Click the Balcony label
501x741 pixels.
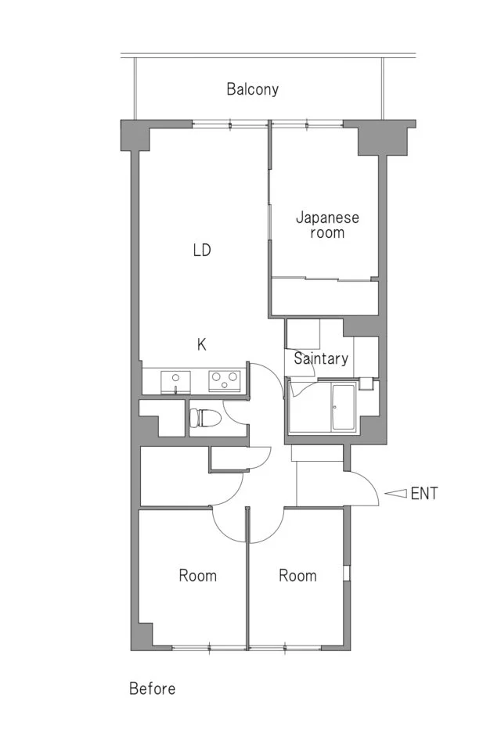tap(252, 89)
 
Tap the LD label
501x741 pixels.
tap(202, 250)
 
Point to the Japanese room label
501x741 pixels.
tap(327, 225)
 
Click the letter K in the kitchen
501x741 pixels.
tap(202, 344)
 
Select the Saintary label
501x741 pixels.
tap(321, 358)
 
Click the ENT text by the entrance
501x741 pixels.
tap(424, 494)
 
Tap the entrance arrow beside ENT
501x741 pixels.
tap(395, 494)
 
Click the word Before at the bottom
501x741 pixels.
tap(152, 689)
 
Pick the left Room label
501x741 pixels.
tap(197, 575)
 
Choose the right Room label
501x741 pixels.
tap(297, 575)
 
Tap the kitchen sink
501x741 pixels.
tap(175, 382)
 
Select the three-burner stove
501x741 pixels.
tap(225, 381)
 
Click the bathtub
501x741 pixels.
tap(343, 407)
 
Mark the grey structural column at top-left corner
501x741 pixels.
tap(135, 135)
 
